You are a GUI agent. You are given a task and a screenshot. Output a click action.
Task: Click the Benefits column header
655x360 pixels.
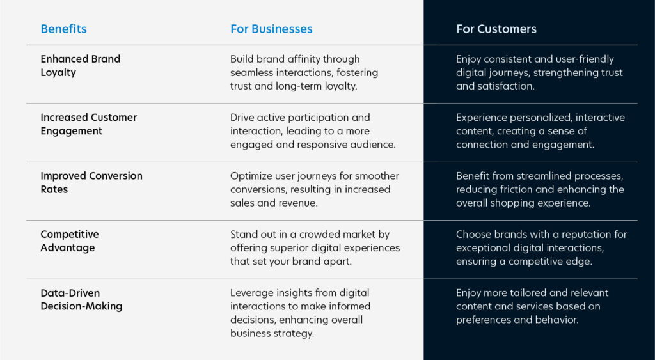click(x=63, y=29)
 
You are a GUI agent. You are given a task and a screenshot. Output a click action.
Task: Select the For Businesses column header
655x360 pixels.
click(x=271, y=29)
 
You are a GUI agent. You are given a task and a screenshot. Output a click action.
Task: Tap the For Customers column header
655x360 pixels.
click(x=496, y=29)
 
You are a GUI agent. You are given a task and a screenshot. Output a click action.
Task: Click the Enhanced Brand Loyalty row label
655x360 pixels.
click(x=80, y=66)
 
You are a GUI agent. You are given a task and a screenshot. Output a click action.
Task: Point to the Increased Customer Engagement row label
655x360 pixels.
click(x=88, y=124)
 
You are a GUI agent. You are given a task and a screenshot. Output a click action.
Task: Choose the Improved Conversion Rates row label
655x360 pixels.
click(x=91, y=182)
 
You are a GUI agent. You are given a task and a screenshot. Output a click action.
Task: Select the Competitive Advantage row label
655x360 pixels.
click(x=70, y=241)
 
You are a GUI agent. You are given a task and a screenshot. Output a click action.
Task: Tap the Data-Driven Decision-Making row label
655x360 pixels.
click(x=81, y=299)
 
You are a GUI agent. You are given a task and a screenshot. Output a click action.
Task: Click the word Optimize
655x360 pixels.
click(x=251, y=176)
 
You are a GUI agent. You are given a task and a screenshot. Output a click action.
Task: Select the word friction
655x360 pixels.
click(x=514, y=190)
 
